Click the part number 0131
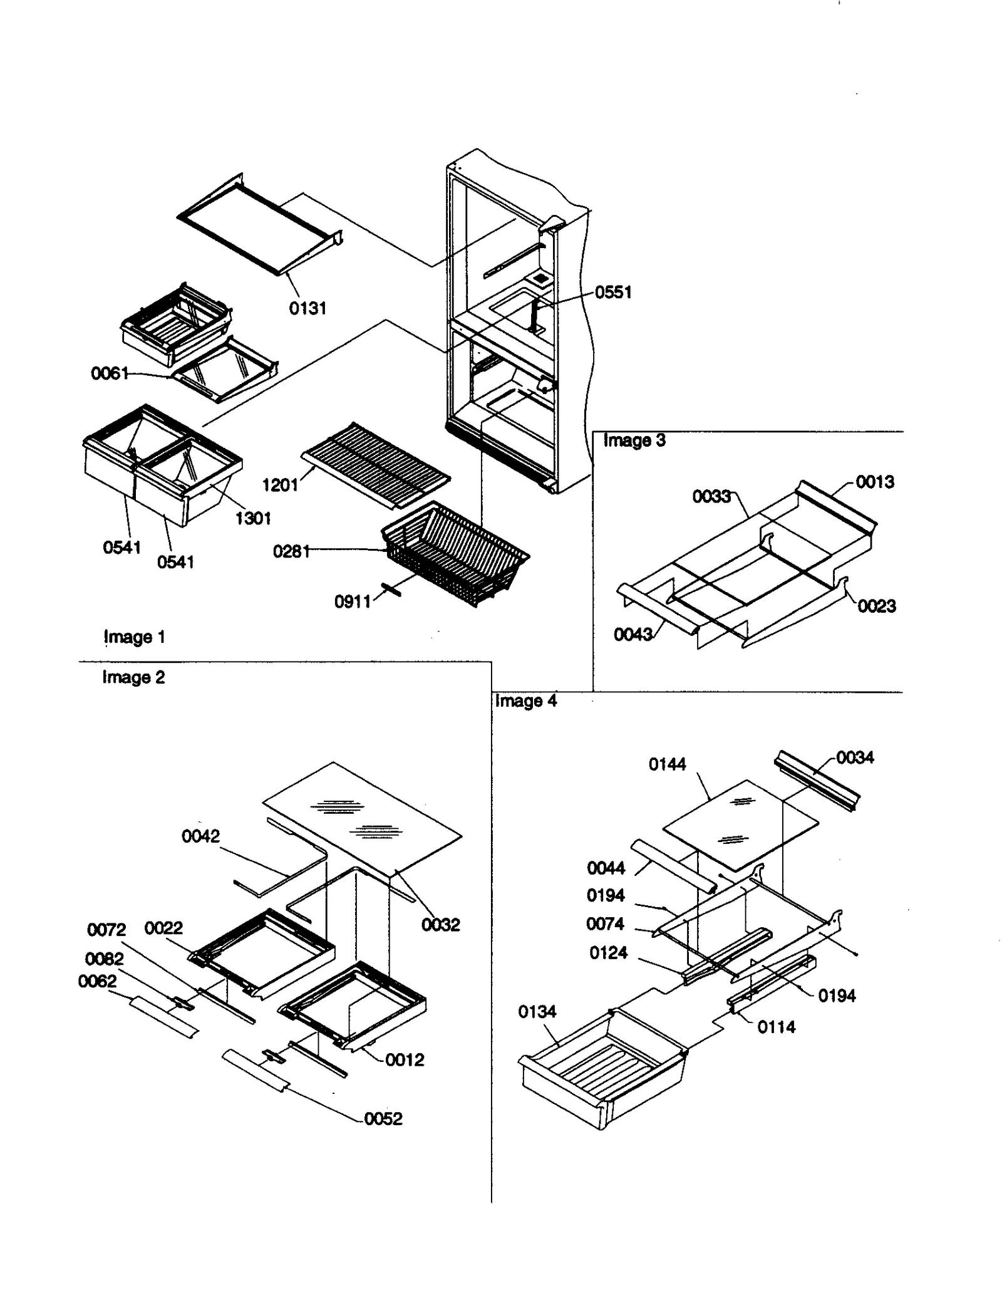tap(307, 308)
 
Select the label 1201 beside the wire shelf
tap(280, 484)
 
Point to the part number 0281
tap(291, 551)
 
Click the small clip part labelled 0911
tap(391, 590)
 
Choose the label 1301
tap(253, 518)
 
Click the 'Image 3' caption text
tap(634, 440)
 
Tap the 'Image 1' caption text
tap(134, 637)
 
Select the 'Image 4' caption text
tap(525, 700)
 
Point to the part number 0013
tap(875, 482)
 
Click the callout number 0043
tap(633, 635)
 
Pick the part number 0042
tap(200, 836)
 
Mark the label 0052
tap(383, 1118)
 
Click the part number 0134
tap(537, 1011)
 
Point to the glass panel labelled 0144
tap(740, 821)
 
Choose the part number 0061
tap(110, 374)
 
